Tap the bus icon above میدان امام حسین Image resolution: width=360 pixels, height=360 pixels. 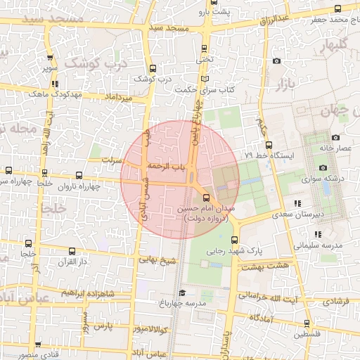click(x=206, y=198)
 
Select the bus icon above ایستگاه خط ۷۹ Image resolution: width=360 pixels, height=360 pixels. click(x=269, y=145)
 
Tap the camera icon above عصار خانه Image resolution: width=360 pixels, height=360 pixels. click(x=335, y=137)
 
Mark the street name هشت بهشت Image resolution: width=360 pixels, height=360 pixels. click(x=264, y=266)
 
